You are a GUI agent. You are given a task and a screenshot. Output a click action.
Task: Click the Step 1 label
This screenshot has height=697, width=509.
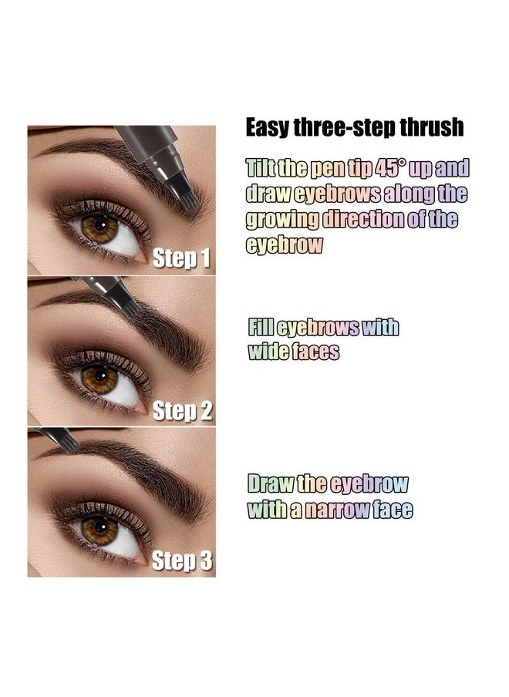click(181, 258)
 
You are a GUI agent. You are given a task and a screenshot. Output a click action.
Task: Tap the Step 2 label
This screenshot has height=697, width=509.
click(182, 410)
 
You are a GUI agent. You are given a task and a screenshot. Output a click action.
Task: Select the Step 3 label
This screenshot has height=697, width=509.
click(182, 561)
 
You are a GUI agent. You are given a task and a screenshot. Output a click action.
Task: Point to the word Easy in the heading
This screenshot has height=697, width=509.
click(267, 127)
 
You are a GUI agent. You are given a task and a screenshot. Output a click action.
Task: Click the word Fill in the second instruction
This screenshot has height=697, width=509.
click(259, 327)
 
